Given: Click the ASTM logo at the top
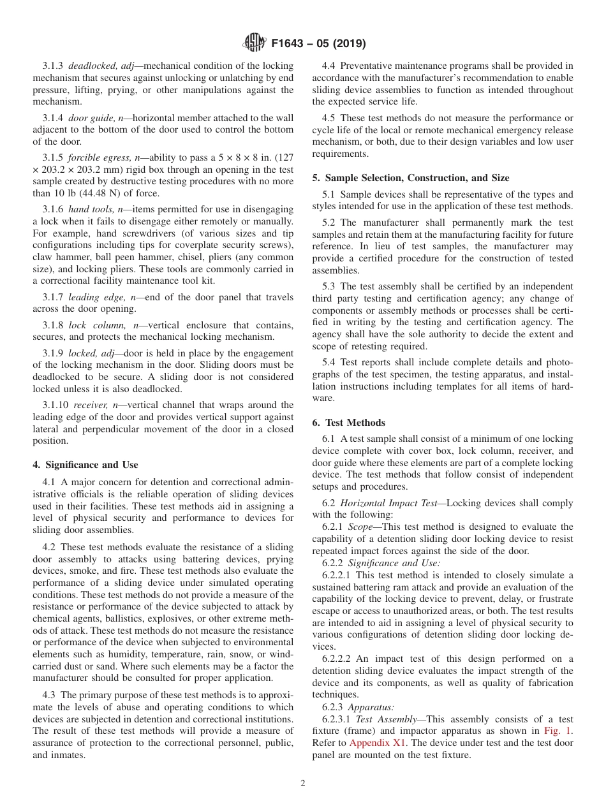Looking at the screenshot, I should [x=255, y=43].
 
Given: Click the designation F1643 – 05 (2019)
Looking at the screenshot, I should [x=318, y=44].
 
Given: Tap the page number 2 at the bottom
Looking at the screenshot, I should [x=303, y=784].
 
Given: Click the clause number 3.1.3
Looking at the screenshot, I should [x=53, y=66].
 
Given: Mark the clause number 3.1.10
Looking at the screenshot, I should [x=55, y=405].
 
